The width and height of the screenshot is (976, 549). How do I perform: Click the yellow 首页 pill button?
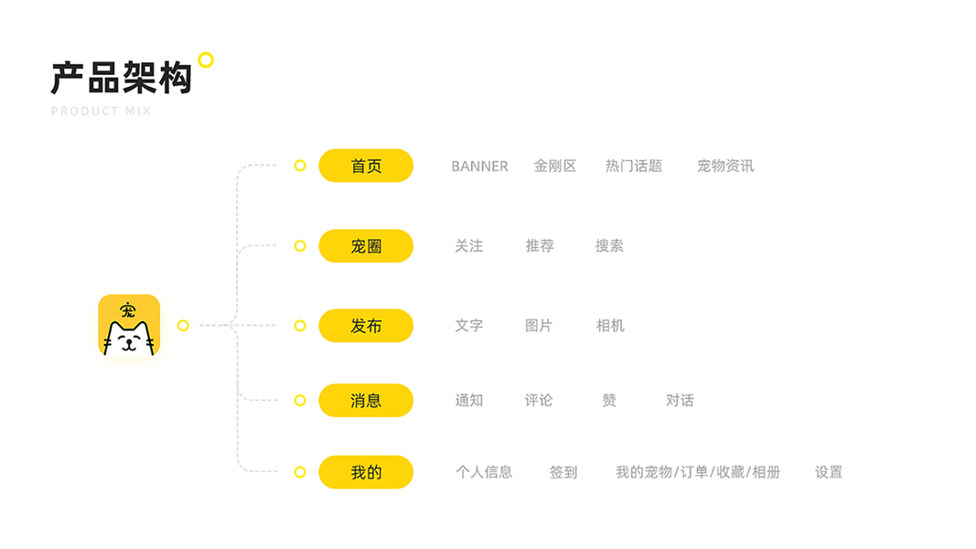(366, 166)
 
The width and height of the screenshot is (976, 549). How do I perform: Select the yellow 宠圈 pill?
(366, 246)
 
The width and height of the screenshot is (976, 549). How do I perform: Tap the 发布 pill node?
(366, 326)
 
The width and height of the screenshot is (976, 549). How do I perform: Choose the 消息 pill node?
(366, 400)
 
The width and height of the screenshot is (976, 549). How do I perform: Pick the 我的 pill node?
(366, 472)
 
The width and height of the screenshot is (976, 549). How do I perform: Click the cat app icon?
(129, 326)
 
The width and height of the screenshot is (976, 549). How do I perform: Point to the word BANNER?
(479, 167)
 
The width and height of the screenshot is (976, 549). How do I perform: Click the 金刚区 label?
(555, 167)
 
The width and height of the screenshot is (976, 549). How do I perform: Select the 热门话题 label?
(634, 167)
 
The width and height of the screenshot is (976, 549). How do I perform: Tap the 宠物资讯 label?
(725, 167)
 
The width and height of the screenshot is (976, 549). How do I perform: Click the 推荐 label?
(540, 246)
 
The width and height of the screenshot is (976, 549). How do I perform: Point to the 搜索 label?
(609, 246)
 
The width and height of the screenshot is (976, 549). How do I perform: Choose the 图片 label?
(539, 326)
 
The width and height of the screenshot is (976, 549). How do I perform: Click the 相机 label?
(610, 326)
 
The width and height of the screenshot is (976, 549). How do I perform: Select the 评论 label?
(539, 401)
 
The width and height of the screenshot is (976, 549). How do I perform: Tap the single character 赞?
(609, 401)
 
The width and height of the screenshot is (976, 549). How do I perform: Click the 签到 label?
(563, 473)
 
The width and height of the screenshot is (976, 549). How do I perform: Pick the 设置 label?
(829, 473)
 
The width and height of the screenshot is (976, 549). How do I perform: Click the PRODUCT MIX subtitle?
(101, 112)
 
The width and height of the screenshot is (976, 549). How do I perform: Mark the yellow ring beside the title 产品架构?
(206, 59)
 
